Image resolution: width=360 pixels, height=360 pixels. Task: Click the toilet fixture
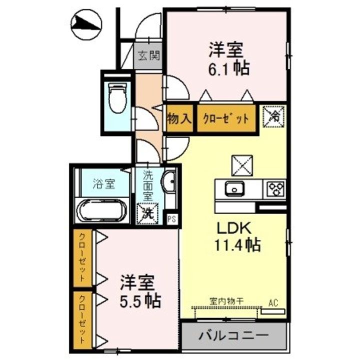(118, 99)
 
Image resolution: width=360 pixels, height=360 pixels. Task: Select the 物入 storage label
(179, 119)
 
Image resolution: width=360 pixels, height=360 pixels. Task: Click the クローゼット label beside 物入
(225, 119)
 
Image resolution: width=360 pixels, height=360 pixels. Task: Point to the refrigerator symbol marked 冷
(274, 117)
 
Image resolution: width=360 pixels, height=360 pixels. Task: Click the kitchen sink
(234, 189)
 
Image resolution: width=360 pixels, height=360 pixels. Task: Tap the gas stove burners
(274, 189)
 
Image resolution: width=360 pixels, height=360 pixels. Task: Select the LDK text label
(232, 228)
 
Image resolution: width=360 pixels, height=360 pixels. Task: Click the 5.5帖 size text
(139, 300)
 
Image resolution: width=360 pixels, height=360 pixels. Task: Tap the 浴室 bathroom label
(103, 183)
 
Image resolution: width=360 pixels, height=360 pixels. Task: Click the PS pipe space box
(171, 218)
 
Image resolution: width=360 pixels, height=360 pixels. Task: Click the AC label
(273, 302)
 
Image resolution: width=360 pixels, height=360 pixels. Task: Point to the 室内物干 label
(226, 302)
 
